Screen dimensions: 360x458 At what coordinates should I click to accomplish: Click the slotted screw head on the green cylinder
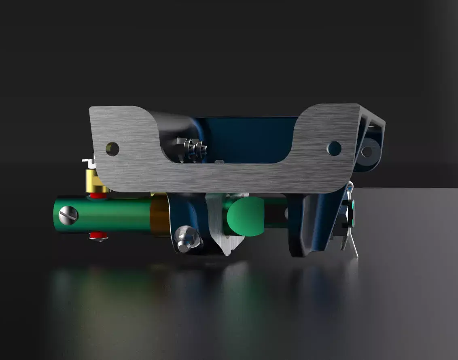pyautogui.click(x=68, y=215)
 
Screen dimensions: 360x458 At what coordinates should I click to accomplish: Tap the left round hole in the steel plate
pyautogui.click(x=113, y=149)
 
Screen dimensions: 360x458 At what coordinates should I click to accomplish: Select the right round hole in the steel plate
pyautogui.click(x=334, y=148)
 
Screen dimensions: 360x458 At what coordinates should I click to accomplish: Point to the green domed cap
pyautogui.click(x=245, y=217)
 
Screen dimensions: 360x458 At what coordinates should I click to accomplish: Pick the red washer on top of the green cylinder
pyautogui.click(x=98, y=196)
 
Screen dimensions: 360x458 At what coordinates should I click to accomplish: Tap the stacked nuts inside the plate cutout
pyautogui.click(x=191, y=149)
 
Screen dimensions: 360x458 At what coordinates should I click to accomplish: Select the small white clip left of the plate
pyautogui.click(x=87, y=161)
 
